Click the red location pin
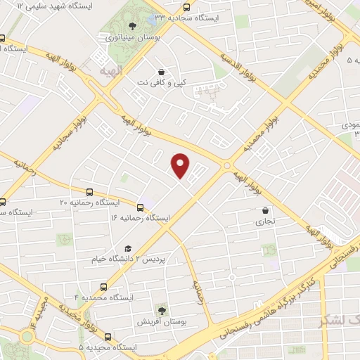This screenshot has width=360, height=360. tap(181, 165)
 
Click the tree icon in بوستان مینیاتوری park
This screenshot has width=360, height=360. tap(133, 26)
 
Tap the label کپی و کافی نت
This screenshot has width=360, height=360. tap(162, 82)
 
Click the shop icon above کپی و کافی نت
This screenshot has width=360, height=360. tap(162, 71)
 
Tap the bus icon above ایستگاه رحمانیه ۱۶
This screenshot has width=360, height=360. tap(141, 207)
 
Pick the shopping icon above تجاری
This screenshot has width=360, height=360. tap(265, 210)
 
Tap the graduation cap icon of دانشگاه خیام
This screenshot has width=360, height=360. tap(127, 248)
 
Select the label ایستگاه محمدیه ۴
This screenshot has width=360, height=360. tap(103, 298)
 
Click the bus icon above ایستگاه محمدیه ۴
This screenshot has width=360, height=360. tap(103, 287)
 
